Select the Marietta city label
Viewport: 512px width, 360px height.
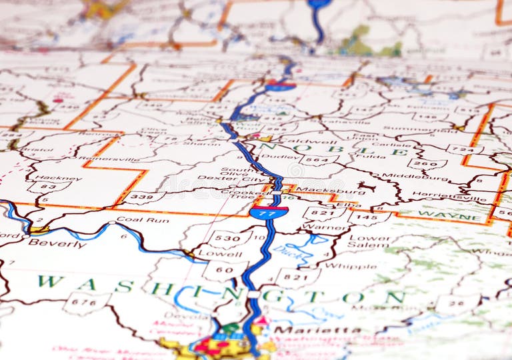point(317,329)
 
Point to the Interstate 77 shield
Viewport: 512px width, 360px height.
point(269,213)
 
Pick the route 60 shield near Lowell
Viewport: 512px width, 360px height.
point(225,269)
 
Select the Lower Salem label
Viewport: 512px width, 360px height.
point(369,241)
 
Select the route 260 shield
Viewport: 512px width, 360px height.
point(427,162)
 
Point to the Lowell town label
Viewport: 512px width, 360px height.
point(209,254)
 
